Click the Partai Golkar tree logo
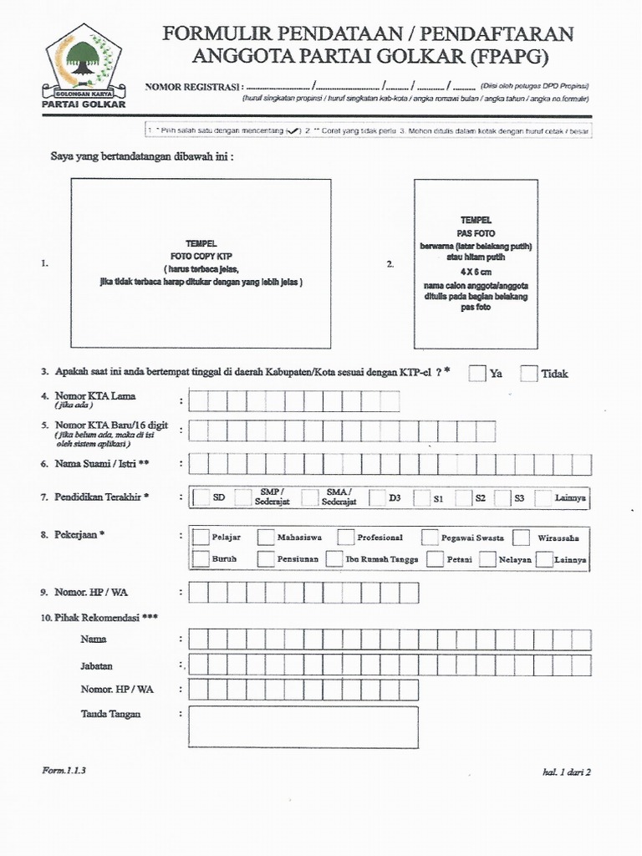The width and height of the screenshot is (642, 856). [83, 59]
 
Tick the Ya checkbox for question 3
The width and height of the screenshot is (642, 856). [477, 374]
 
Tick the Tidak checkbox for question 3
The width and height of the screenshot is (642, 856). [528, 374]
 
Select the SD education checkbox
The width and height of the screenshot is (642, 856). [201, 498]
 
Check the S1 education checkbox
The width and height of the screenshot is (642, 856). [417, 498]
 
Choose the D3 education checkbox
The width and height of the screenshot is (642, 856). [376, 498]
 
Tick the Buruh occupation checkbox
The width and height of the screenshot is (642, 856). [201, 559]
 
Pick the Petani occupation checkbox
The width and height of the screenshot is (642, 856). [435, 559]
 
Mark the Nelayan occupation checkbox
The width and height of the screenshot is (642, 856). [488, 559]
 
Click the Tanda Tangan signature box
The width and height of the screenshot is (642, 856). [303, 726]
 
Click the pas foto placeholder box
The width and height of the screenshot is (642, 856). [475, 263]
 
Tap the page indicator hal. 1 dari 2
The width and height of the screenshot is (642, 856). [567, 772]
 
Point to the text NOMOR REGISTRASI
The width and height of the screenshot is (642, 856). [194, 87]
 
